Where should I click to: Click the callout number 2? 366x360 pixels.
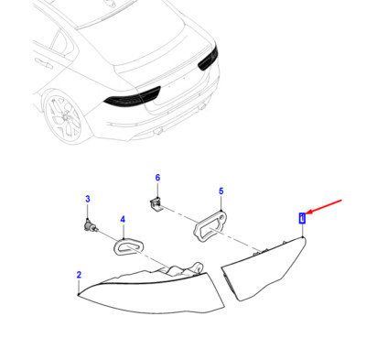point(79,275)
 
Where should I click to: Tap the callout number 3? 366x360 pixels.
point(88,200)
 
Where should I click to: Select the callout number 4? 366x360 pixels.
point(123,219)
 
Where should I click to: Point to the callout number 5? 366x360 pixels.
point(221,191)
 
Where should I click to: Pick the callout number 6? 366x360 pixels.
point(157,178)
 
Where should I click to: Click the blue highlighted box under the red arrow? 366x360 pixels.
point(302,218)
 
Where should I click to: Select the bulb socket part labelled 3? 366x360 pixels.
point(91,226)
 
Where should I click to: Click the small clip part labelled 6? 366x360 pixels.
point(156,204)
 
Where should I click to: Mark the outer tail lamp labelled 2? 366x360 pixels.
point(153,293)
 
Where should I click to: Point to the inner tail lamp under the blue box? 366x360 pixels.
point(265,268)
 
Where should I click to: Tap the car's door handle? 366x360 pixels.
point(43,62)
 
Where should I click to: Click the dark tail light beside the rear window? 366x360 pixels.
point(209,59)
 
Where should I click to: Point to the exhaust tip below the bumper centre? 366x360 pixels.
point(158,132)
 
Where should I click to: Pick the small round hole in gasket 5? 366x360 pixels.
point(222,216)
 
